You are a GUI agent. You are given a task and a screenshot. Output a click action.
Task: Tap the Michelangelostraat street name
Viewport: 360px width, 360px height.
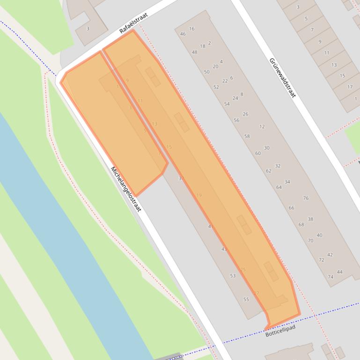126,189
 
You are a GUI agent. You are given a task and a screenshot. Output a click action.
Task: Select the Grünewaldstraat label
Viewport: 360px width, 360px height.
283,78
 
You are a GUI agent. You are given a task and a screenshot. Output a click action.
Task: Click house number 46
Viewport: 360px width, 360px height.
183,34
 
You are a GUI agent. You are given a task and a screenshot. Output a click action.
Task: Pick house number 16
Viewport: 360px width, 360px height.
191,29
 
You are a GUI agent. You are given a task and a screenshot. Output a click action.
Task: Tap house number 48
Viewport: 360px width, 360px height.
195,52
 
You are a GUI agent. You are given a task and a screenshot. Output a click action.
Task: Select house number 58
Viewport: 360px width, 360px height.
247,136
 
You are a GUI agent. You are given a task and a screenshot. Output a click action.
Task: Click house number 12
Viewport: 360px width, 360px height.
262,127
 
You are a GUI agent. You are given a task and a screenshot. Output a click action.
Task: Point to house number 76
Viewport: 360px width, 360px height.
306,198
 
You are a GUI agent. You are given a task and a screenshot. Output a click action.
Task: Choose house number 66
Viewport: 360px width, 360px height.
292,208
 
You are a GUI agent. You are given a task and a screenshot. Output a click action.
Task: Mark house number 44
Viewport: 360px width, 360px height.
340,272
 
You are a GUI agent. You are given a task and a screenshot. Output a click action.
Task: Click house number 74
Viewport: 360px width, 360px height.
331,277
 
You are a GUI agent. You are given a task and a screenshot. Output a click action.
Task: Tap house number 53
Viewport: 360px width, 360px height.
233,276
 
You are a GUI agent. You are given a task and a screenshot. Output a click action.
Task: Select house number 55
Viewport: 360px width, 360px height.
246,299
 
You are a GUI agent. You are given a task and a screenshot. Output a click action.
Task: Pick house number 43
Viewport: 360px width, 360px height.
224,249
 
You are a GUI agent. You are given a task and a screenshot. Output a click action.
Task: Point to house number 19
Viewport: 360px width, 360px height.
199,195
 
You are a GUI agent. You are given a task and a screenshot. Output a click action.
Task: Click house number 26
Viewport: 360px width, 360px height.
246,114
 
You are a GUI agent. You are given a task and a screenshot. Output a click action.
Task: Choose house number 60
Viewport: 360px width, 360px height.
258,153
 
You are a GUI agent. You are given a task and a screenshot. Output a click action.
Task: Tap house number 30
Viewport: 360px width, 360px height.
266,148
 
